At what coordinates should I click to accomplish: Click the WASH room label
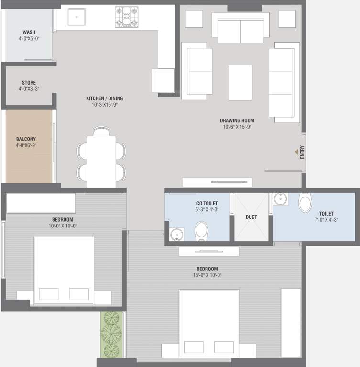(x=29, y=32)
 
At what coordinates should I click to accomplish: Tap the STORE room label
(x=29, y=83)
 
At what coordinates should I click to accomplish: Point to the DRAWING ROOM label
(x=237, y=120)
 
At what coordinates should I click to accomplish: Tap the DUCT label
(x=251, y=217)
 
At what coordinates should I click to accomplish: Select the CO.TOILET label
(x=207, y=203)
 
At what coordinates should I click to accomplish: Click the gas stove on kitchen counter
(x=126, y=17)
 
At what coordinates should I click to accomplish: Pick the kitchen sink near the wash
(x=76, y=18)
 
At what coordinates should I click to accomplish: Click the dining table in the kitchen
(x=101, y=161)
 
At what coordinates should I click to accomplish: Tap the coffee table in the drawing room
(x=240, y=82)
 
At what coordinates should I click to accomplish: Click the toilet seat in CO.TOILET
(x=202, y=231)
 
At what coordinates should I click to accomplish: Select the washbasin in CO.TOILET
(x=176, y=235)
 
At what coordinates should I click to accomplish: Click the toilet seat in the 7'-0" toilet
(x=305, y=202)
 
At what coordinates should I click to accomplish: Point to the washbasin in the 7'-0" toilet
(x=280, y=199)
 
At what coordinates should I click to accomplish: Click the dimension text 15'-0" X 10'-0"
(x=207, y=275)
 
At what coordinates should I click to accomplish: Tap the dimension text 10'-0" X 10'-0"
(x=63, y=226)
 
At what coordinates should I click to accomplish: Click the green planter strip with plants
(x=111, y=334)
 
